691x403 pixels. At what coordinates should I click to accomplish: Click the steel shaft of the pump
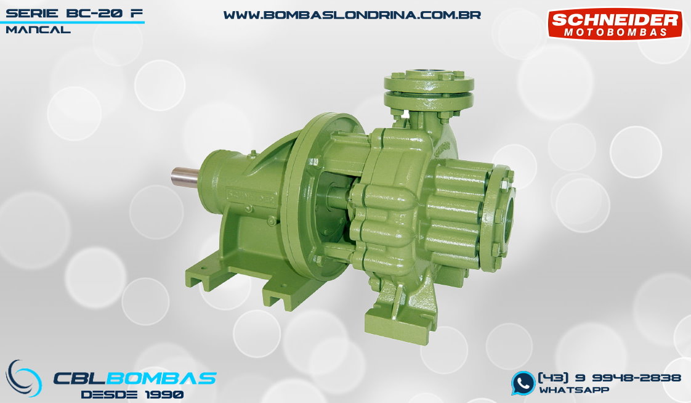pos(186,177)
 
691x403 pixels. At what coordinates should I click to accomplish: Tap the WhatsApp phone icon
pos(523,383)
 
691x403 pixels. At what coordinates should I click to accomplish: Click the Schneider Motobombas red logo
pos(615,24)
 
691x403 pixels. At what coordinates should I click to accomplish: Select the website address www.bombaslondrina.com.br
pos(352,15)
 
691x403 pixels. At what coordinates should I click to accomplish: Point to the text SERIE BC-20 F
pos(75,13)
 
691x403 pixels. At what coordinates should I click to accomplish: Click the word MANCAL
pos(38,30)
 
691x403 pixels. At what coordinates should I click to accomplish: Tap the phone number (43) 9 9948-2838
pos(610,378)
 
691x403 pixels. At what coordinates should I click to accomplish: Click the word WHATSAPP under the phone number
pos(574,390)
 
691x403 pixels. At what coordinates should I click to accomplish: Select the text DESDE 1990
pos(132,394)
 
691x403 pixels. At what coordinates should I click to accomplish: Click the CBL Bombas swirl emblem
pos(23,378)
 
